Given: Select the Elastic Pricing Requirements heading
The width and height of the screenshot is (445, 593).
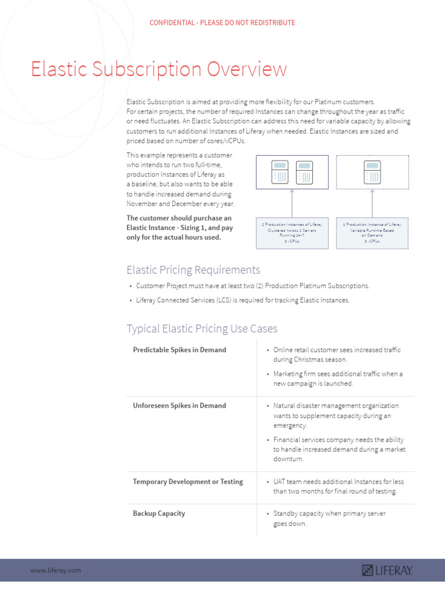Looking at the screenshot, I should click(194, 270).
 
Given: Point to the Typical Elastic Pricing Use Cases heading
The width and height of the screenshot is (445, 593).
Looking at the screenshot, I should click(202, 329).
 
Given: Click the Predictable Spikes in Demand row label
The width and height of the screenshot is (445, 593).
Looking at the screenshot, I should click(180, 350).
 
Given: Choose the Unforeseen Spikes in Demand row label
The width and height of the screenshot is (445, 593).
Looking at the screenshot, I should click(178, 405).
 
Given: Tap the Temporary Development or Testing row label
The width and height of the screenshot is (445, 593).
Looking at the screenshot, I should click(188, 481).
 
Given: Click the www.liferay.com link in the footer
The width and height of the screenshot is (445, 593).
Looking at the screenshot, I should click(56, 570).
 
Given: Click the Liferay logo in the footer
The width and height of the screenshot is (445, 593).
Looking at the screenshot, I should click(387, 570).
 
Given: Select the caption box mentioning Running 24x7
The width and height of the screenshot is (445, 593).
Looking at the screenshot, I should click(292, 232).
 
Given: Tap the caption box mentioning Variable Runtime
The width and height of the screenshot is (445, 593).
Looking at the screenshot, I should click(372, 232).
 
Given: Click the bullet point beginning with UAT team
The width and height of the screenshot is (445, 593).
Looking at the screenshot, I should click(338, 486).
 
